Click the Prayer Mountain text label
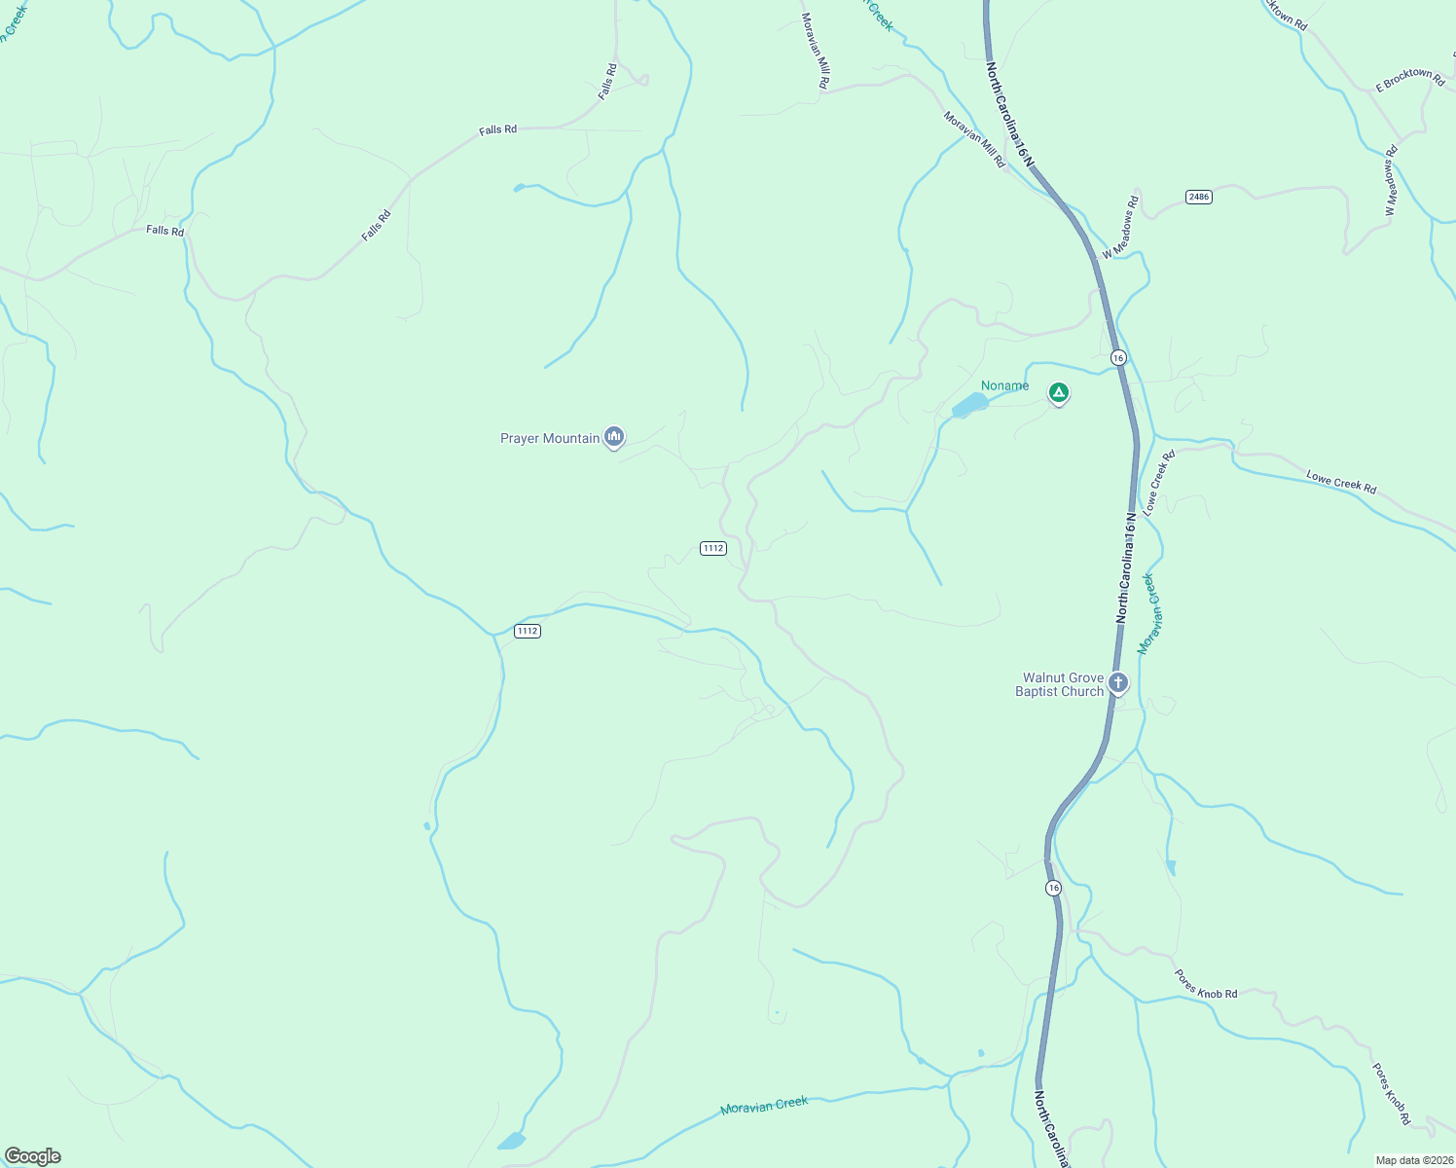549,438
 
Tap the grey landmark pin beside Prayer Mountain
613,437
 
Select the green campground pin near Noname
1059,393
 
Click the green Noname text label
1004,385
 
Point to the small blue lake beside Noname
969,405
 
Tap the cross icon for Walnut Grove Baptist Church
1118,682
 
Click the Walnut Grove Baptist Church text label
1060,684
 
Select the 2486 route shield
1199,197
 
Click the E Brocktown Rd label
1410,80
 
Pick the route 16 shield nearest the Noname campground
1118,357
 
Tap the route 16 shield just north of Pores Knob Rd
1053,888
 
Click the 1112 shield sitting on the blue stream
527,631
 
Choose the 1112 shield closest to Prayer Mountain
712,548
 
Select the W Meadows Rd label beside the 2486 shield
1121,228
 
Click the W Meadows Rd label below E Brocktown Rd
1391,180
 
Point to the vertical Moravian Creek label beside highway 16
1147,613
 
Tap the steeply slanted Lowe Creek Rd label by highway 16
1159,482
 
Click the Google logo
32,1156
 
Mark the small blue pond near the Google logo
511,1141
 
